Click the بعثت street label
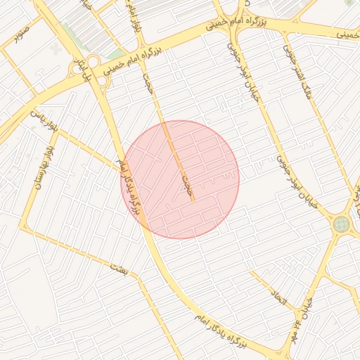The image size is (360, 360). (119, 267)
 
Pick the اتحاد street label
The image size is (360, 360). (280, 301)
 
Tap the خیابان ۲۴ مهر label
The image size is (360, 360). (302, 318)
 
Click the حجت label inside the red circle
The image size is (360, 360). (186, 185)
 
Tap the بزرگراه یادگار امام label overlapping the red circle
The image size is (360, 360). (130, 187)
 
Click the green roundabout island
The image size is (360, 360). (342, 224)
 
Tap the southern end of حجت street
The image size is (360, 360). (192, 201)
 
